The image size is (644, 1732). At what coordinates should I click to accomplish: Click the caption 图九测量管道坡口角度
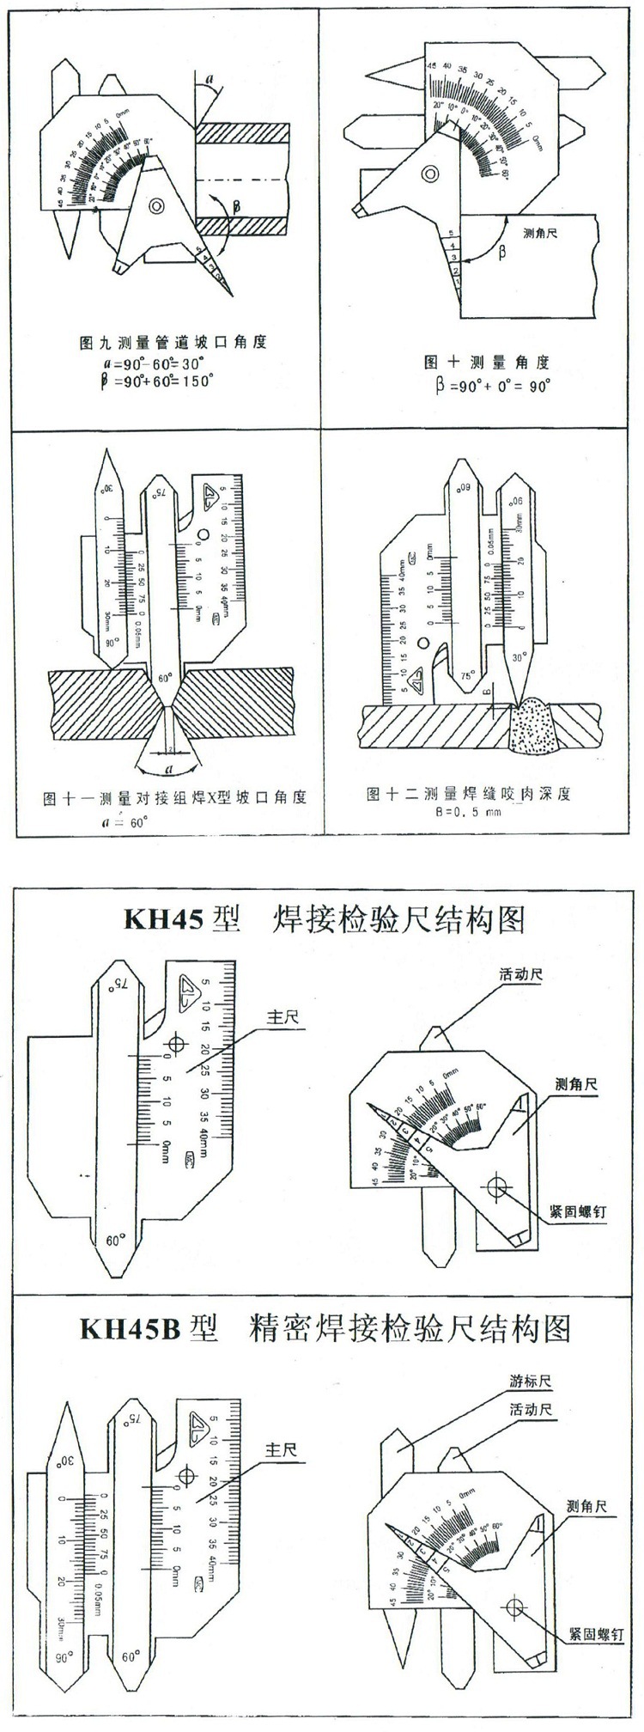click(x=172, y=342)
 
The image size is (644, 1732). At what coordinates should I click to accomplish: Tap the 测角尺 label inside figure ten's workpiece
click(x=539, y=233)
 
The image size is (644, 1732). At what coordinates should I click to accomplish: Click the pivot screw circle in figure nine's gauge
click(x=157, y=206)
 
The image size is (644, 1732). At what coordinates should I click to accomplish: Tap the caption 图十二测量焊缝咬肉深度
click(x=468, y=792)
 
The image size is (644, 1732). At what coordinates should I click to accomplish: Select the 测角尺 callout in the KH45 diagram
click(x=576, y=1084)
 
